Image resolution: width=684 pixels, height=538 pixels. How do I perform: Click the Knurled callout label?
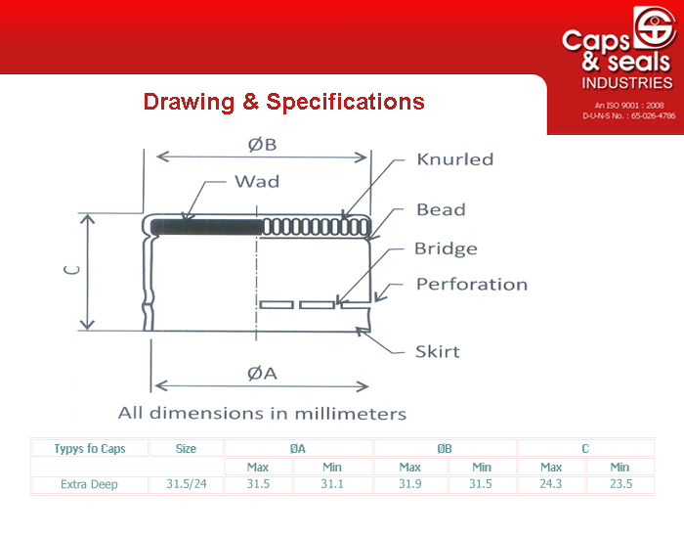(455, 159)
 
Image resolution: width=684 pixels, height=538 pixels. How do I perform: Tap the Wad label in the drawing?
(257, 181)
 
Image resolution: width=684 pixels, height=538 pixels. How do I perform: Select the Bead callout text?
(441, 209)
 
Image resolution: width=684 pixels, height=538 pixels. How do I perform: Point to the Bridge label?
(446, 248)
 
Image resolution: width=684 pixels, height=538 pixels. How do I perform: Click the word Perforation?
(472, 285)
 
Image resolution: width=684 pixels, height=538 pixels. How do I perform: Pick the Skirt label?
(438, 351)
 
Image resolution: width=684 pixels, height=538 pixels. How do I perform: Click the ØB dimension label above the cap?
(262, 145)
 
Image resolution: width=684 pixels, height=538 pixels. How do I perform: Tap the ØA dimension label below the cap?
(262, 374)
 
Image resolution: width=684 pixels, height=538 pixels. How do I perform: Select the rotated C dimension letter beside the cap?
(72, 270)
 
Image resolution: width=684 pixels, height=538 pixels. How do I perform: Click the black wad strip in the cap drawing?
(207, 227)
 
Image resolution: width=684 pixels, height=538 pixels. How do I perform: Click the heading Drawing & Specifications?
(284, 102)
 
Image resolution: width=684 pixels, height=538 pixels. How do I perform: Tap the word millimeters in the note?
(350, 414)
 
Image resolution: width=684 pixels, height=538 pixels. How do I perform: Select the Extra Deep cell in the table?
(89, 484)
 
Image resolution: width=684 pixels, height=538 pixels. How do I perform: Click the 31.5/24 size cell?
(187, 484)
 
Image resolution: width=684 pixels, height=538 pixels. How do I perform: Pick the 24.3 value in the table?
(550, 484)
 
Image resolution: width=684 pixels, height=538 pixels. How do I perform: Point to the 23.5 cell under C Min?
(620, 484)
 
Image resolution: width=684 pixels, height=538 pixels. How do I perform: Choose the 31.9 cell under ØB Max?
(410, 484)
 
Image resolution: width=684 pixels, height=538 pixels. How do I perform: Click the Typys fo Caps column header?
(90, 448)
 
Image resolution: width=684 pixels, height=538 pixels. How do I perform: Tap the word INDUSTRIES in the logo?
(627, 83)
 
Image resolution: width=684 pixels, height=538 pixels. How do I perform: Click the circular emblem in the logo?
(655, 27)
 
